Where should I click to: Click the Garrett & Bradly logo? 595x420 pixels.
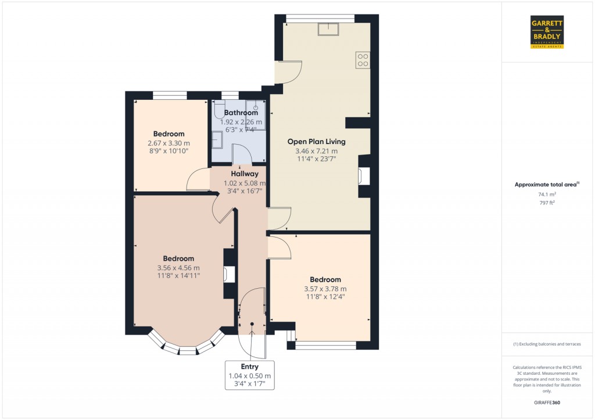point(547,32)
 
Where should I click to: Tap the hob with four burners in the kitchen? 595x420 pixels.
point(363,60)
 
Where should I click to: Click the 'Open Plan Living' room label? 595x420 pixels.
point(316,141)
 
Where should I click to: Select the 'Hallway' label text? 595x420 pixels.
point(240,173)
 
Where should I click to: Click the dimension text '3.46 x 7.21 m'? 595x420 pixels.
point(316,150)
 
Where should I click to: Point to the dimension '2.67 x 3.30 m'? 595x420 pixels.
point(169,143)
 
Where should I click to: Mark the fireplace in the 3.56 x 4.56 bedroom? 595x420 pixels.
point(229,274)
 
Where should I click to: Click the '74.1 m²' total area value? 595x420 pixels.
point(547,195)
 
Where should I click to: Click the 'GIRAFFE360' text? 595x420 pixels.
point(547,403)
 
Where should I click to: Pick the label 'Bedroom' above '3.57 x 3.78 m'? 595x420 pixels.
point(325,279)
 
